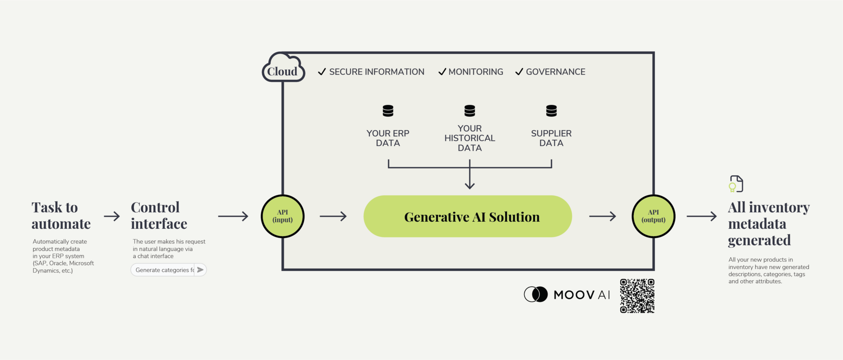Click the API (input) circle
282,216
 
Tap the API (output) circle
653,216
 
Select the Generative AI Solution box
468,216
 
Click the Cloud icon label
283,71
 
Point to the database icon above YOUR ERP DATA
388,111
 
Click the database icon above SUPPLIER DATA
551,111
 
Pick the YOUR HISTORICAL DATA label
470,138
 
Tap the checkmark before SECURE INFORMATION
322,72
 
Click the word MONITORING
476,72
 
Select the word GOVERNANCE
555,72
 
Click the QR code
637,296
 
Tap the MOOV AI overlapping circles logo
536,294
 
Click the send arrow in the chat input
200,270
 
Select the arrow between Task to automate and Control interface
112,216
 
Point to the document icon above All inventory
736,184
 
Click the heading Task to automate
61,216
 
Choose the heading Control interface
159,216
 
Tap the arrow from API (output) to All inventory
701,216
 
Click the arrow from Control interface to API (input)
233,216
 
